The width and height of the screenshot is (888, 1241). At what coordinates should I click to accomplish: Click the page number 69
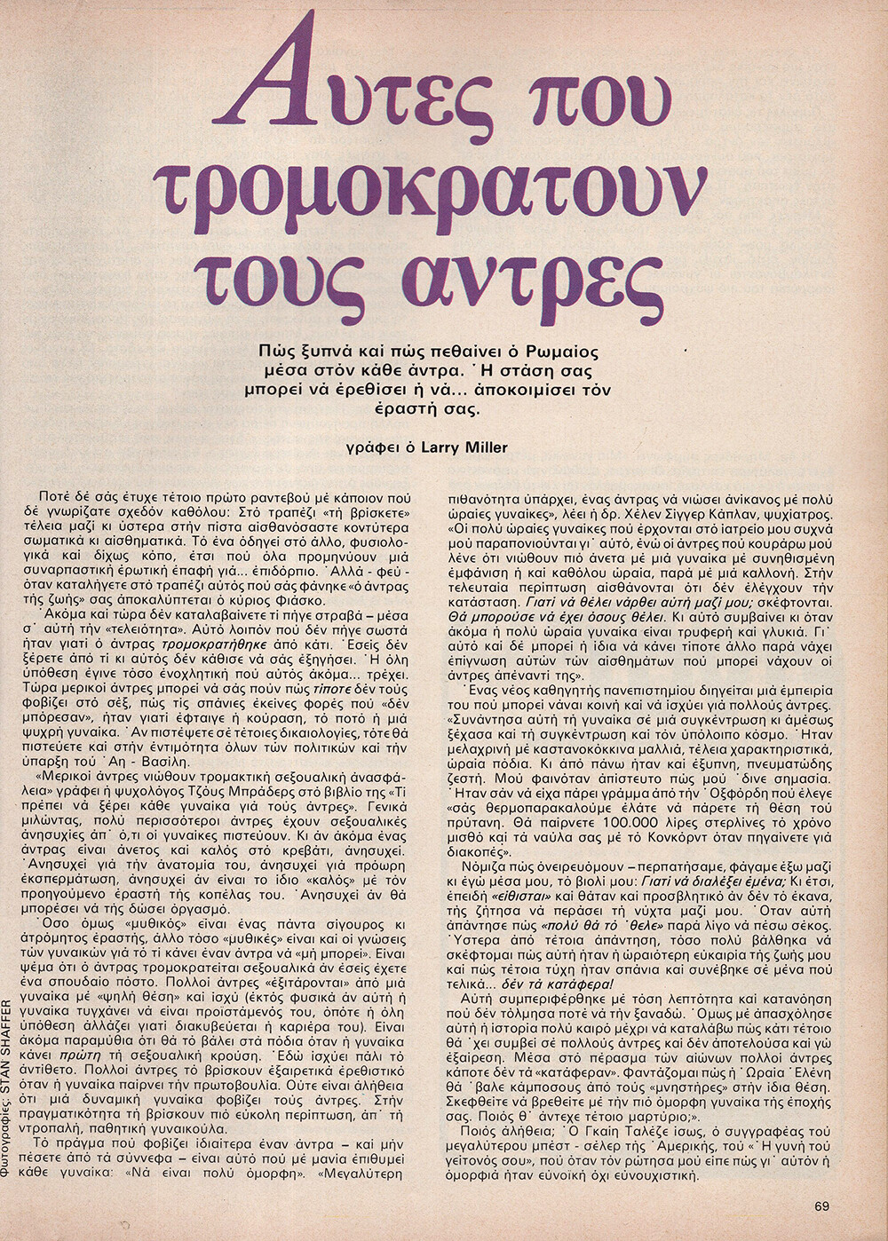(821, 1205)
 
